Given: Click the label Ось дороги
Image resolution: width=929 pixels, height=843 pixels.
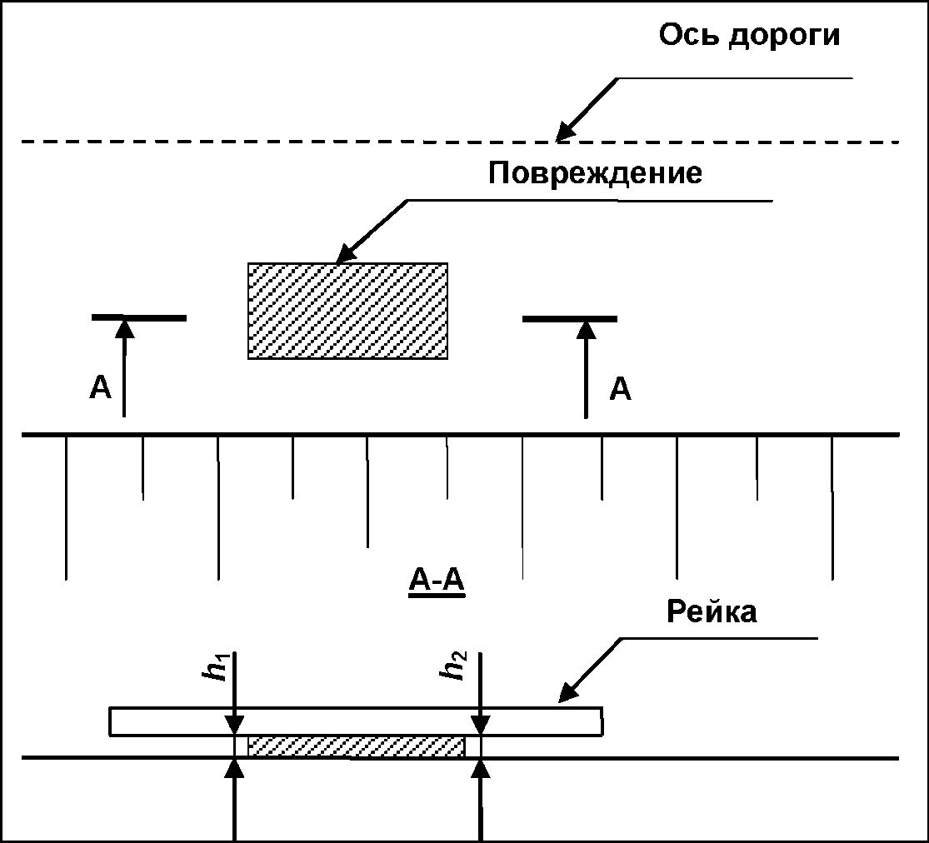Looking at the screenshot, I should pos(749,37).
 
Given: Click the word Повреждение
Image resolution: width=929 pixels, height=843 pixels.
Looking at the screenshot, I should pos(595,174).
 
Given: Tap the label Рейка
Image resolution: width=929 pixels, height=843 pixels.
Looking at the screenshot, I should pos(712,612).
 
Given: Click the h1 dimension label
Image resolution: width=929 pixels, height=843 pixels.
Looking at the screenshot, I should pos(219,666).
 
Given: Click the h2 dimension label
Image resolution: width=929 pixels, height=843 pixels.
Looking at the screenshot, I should pos(456,666).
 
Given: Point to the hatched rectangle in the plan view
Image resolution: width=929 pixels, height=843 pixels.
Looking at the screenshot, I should pos(347,311).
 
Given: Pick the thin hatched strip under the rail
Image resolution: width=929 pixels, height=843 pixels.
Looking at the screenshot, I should pos(356,746).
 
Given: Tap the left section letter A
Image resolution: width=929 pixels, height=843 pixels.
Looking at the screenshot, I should pos(100,388).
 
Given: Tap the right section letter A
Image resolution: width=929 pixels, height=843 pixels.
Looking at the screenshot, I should pos(620,388).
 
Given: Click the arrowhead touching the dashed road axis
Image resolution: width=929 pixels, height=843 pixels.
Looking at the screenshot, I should pos(566,131).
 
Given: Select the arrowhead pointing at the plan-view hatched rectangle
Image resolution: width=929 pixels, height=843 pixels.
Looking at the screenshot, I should pos(344,254).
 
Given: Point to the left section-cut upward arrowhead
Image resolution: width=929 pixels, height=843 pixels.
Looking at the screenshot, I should pos(124,327).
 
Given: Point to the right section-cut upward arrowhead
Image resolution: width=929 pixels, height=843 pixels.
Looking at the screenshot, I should pos(587,327).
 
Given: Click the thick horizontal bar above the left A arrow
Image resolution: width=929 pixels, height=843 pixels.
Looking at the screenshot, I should pos(139,317).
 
